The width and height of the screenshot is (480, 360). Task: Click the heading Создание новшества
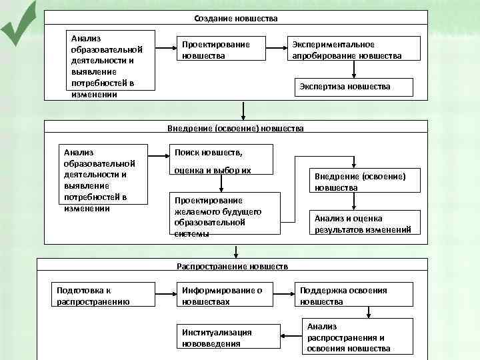coord(236,18)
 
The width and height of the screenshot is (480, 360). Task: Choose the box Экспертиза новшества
coord(354,87)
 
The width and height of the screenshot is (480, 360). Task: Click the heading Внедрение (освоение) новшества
coord(235,127)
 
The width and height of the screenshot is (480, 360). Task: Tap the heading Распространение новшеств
coord(232,266)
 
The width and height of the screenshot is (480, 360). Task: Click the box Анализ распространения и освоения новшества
coord(357,337)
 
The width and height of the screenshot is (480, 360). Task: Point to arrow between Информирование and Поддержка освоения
coord(284,291)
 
